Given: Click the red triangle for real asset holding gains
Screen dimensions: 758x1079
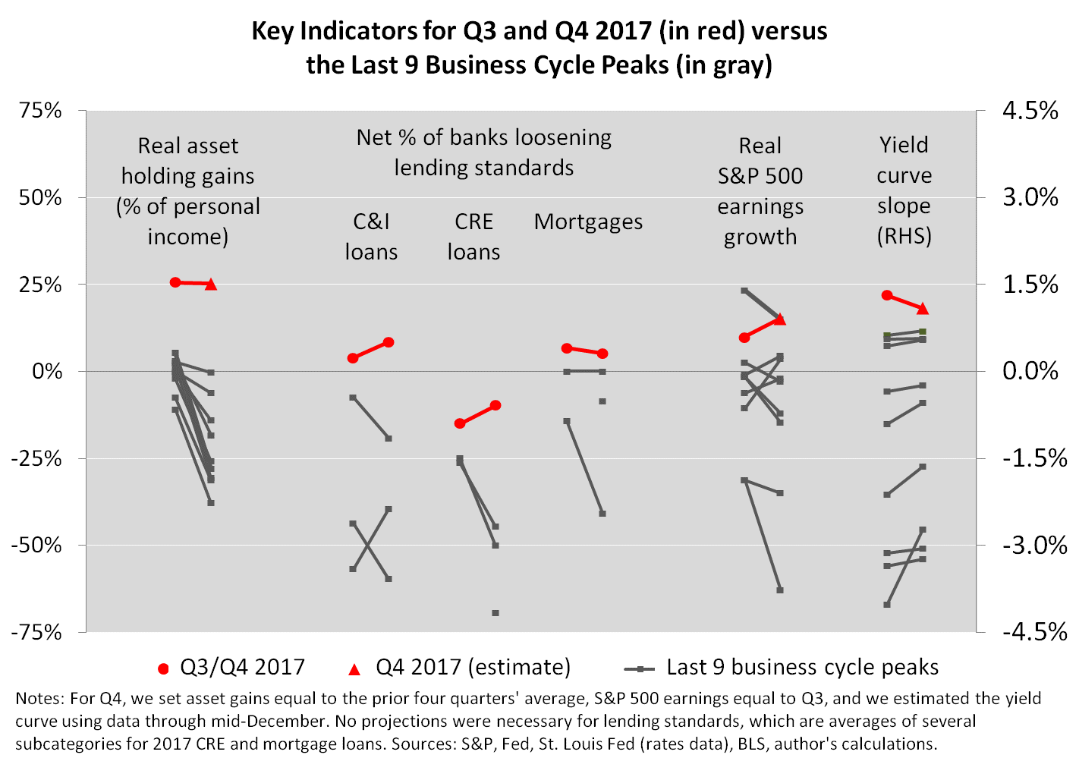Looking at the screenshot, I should [x=211, y=285].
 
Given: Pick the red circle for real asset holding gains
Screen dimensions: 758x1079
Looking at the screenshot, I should [x=175, y=282].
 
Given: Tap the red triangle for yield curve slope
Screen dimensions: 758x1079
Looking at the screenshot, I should [x=923, y=309].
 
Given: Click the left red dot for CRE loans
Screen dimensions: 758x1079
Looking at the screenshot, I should [x=460, y=423].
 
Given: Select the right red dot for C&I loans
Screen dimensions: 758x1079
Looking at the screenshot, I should [x=389, y=342].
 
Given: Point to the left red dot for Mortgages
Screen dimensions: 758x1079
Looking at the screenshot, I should [x=567, y=348].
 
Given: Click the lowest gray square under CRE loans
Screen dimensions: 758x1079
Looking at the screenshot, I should [x=495, y=613].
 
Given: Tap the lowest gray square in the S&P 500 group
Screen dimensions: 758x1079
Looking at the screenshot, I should [x=780, y=590].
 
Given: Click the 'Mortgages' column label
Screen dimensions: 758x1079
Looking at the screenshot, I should [x=588, y=222].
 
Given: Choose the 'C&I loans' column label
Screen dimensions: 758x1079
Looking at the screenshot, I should [x=371, y=237].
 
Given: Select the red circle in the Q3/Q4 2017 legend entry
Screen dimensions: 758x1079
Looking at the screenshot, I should [x=163, y=668].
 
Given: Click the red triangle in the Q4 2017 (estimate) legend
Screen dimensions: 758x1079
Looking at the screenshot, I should [x=354, y=668].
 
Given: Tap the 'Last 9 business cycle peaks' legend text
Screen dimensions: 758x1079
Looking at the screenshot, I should [x=802, y=667].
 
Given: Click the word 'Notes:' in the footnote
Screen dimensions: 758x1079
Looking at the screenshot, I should [x=39, y=699].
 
